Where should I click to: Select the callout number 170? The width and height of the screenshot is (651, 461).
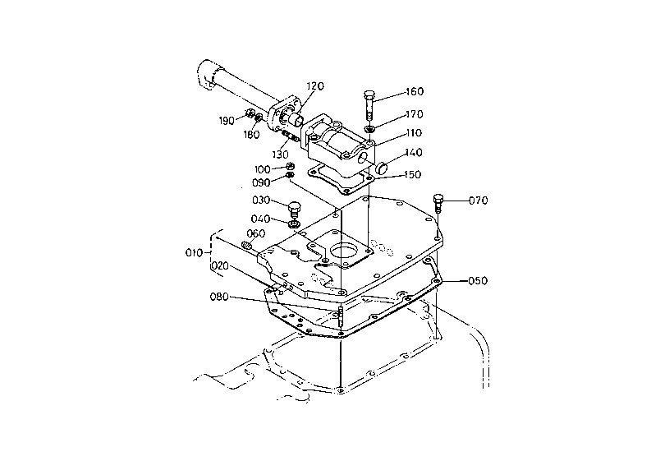414,114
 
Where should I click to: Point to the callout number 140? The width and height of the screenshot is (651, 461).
414,153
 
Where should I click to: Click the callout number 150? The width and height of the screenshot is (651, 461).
414,175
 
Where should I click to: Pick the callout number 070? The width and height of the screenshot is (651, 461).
479,200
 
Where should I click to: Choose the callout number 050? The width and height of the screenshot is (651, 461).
479,280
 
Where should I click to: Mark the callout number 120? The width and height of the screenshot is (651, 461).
316,86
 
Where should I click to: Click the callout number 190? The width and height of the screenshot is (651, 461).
227,121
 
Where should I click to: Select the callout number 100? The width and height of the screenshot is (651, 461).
263,168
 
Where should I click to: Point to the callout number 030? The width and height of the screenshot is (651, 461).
263,201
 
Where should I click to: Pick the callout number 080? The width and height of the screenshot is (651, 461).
219,297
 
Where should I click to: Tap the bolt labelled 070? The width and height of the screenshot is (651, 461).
438,202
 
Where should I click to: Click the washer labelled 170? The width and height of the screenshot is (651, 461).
370,127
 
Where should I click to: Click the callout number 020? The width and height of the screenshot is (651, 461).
219,266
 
